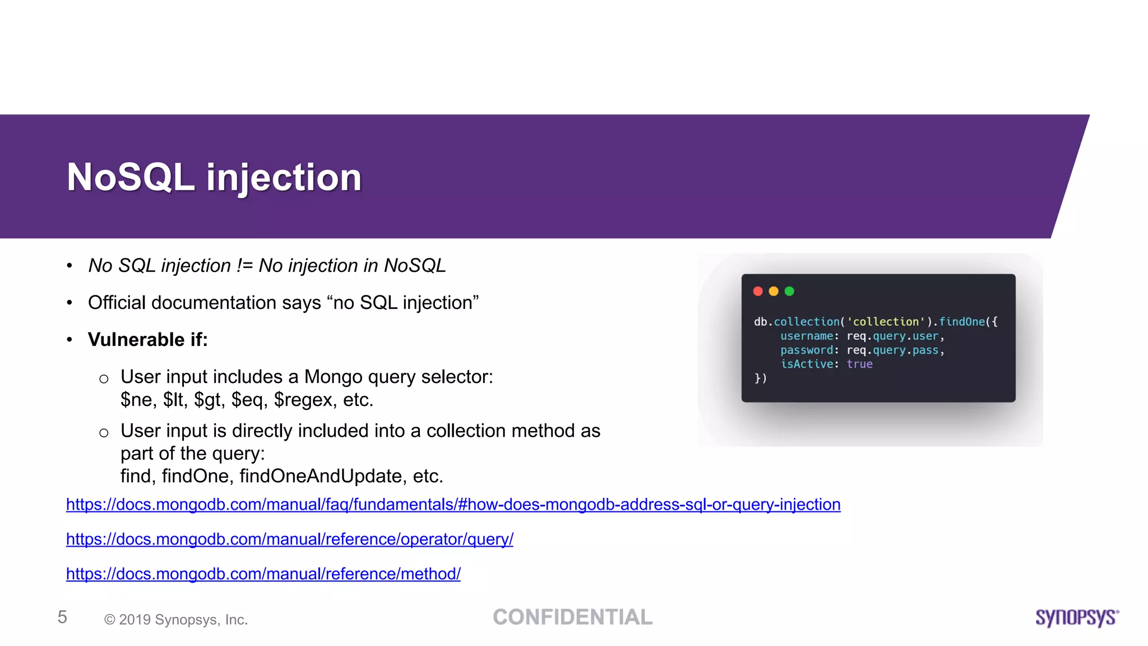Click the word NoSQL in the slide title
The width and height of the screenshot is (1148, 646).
pos(130,178)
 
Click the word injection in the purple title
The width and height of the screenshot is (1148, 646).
pos(284,178)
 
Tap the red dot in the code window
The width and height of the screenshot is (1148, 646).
pos(758,291)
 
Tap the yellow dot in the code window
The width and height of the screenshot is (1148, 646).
pos(774,291)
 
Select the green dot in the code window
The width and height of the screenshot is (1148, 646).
pos(789,291)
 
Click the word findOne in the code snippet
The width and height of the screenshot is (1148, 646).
pos(961,322)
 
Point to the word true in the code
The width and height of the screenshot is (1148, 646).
pos(859,364)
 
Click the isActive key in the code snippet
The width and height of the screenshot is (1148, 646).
pos(806,364)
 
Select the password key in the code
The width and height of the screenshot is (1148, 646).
pos(806,350)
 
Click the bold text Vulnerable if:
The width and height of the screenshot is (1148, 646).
pos(147,340)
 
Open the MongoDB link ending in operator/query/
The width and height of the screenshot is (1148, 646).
pos(289,539)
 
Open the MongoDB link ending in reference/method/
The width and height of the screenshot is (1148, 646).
pos(263,574)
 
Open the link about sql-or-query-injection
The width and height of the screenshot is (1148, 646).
pos(453,505)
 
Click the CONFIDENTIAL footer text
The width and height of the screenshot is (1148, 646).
pos(572,617)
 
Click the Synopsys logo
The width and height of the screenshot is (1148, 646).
pos(1077,617)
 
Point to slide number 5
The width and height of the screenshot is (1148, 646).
pos(62,617)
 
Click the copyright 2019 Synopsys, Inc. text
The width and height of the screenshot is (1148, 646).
pos(176,620)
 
